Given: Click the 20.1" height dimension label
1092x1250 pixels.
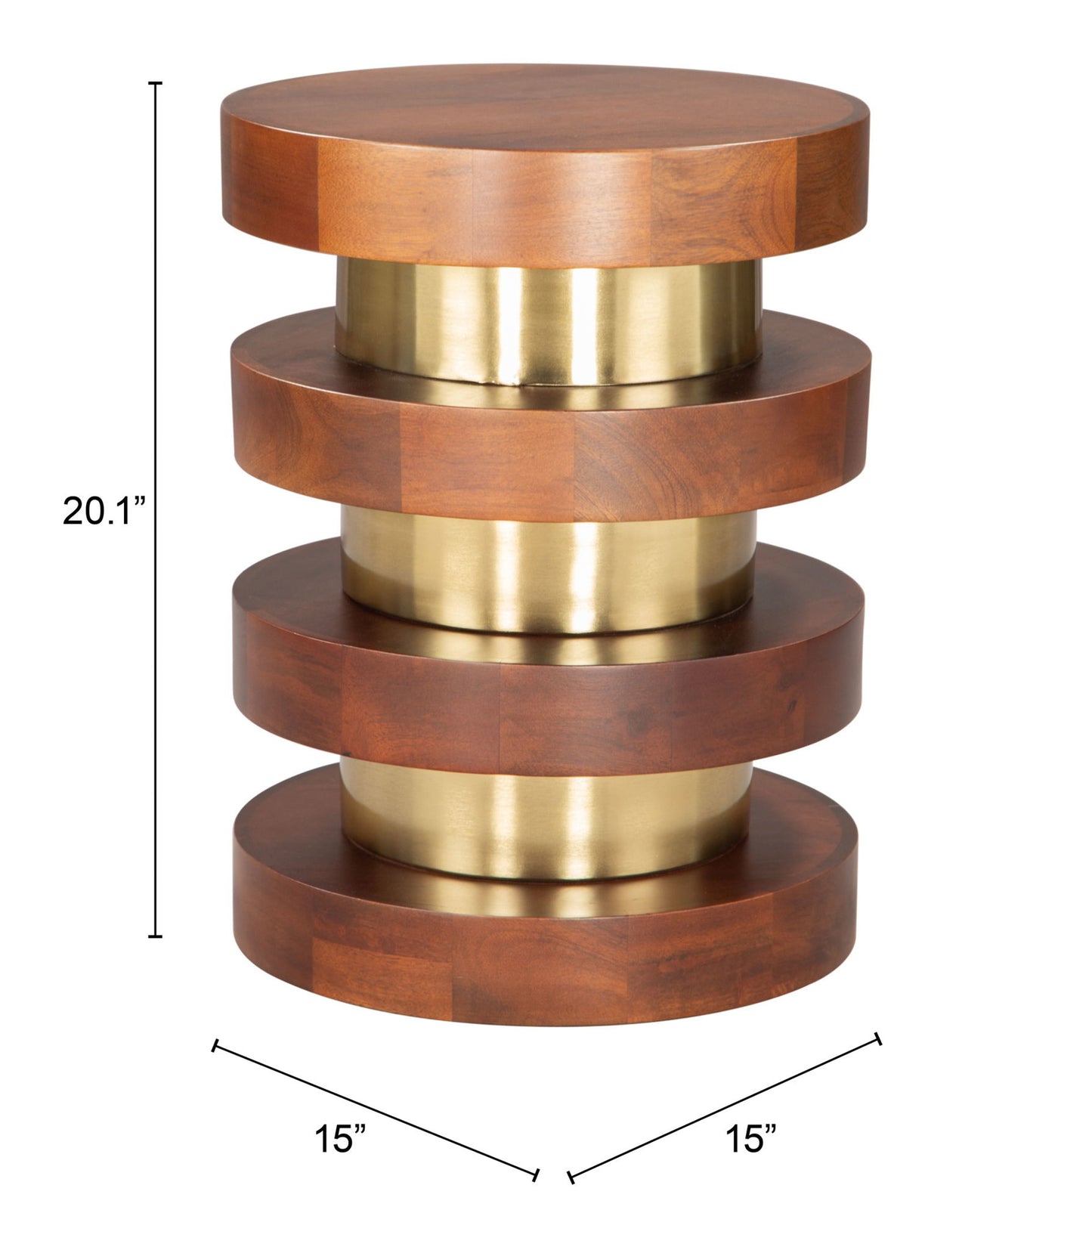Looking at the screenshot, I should click(103, 512).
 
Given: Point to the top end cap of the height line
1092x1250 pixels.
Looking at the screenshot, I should click(156, 82).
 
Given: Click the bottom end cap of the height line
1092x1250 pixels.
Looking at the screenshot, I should click(156, 937).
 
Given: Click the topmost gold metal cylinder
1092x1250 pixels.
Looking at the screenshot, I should click(548, 321).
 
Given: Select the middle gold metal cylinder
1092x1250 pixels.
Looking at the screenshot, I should click(548, 567).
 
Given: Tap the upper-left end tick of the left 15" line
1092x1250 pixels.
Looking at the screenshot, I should click(216, 1045).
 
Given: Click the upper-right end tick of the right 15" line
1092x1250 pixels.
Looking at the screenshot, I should click(878, 1038).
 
